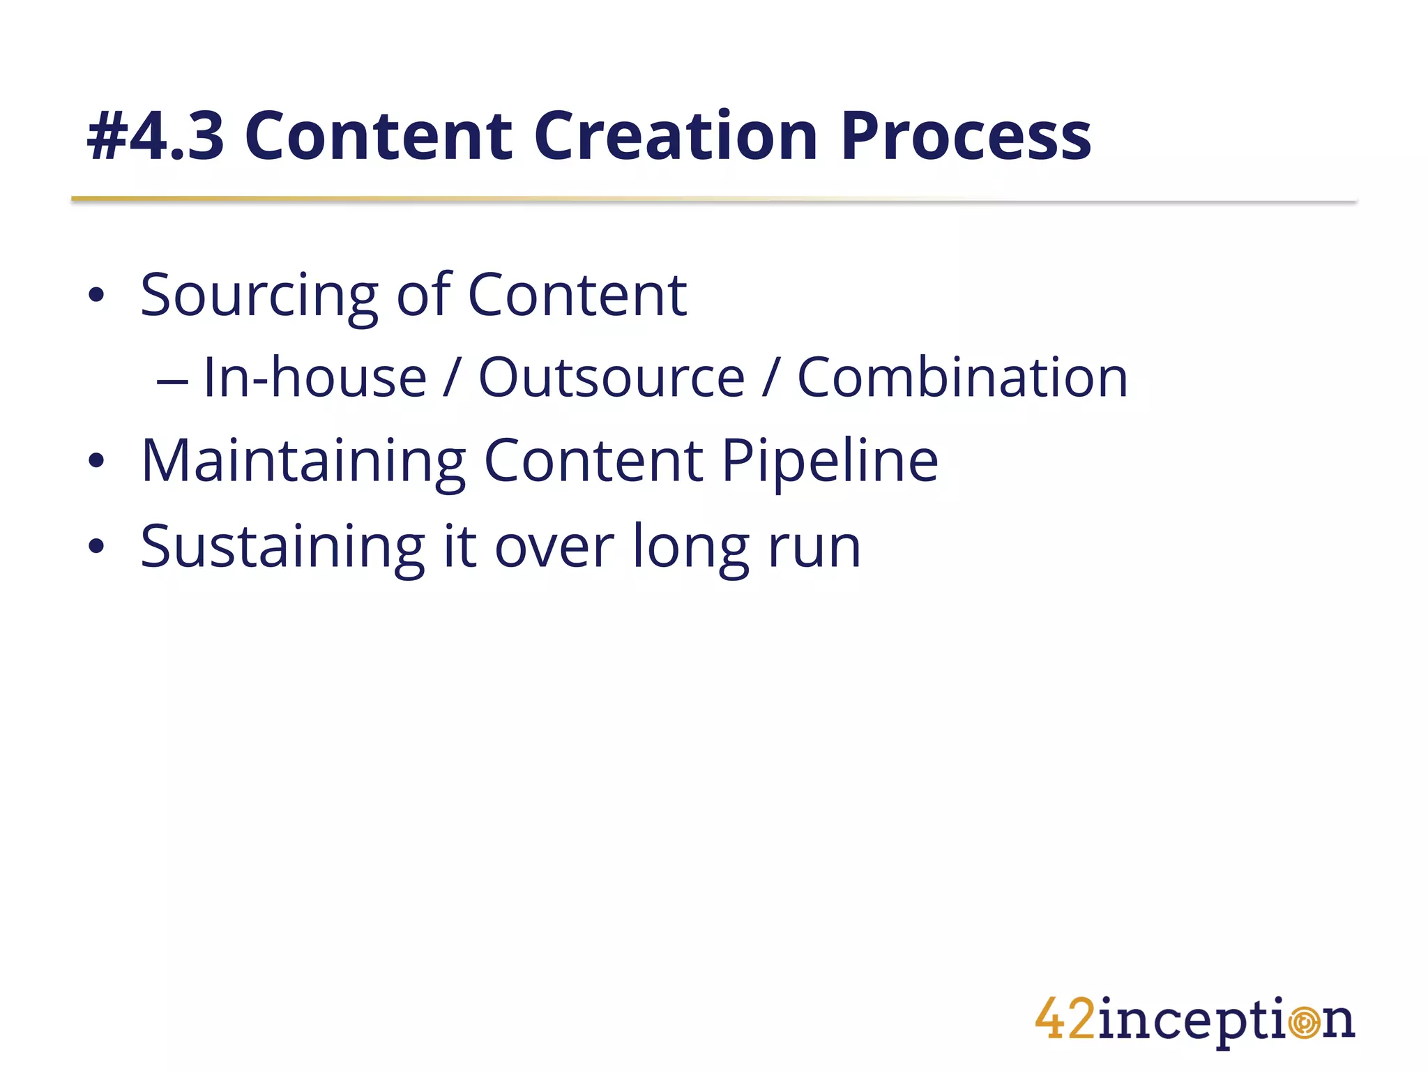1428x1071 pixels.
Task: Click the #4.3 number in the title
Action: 155,137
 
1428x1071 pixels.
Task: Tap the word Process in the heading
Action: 965,137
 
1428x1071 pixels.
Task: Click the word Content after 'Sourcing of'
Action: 577,296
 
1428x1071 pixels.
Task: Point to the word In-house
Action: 314,378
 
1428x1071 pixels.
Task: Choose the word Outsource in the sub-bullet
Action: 612,378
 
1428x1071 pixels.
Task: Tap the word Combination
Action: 962,378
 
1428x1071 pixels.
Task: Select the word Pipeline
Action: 830,462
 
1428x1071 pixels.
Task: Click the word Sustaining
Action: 282,548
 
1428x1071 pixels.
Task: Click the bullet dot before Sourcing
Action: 96,296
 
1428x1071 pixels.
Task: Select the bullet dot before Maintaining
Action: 96,461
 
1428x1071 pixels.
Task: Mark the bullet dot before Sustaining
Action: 96,547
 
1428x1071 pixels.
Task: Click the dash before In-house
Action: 172,382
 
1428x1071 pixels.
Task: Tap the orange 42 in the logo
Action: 1065,1019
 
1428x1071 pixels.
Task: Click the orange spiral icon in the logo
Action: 1304,1023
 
